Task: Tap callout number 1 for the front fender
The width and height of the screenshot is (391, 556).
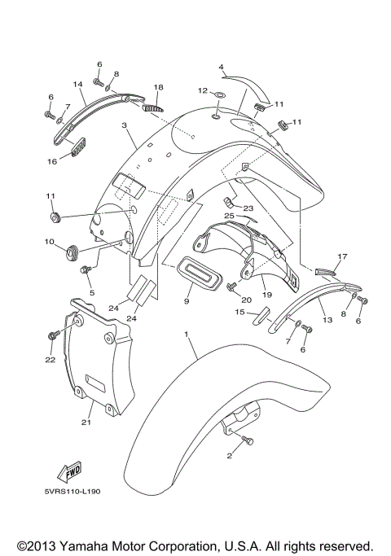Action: coord(187,335)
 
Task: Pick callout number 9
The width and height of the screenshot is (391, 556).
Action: coord(187,301)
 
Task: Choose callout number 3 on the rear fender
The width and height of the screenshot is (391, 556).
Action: coord(125,126)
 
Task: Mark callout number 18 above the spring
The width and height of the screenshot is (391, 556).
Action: coord(158,87)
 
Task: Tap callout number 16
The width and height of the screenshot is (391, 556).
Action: coord(51,161)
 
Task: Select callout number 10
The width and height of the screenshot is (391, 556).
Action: coord(49,242)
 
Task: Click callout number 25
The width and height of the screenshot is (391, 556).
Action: coord(230,216)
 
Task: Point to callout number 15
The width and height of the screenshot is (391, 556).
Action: coord(240,311)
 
